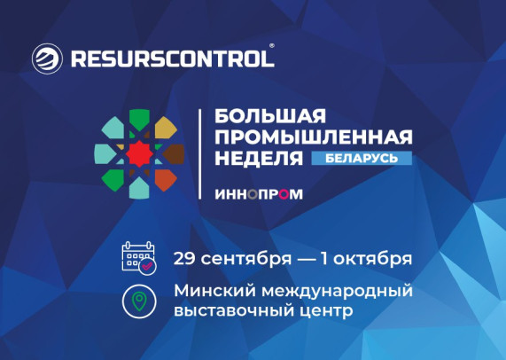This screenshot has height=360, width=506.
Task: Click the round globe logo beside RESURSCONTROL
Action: click(47, 59)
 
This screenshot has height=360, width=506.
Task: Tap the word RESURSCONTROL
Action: click(173, 59)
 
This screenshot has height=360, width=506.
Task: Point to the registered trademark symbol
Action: click(272, 46)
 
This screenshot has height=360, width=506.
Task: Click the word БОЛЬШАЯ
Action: click(270, 116)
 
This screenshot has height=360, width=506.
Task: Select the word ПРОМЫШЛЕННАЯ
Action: click(314, 137)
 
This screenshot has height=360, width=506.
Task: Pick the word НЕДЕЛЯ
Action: click(259, 158)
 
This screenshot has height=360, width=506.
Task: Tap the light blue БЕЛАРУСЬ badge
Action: click(362, 158)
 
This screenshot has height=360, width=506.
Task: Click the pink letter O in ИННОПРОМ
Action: click(283, 194)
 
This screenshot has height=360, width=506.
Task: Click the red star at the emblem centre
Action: click(139, 153)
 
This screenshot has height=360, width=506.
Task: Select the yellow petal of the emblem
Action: click(165, 128)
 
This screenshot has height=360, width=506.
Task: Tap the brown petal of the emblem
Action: click(174, 153)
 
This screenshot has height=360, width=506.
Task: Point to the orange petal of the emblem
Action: click(165, 179)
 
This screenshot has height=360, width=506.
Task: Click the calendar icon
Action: click(139, 258)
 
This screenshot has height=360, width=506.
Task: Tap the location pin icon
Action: click(139, 301)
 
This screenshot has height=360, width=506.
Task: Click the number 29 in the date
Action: click(184, 259)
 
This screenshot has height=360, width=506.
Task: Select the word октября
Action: click(373, 260)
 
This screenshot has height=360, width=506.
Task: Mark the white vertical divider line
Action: click(199, 154)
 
